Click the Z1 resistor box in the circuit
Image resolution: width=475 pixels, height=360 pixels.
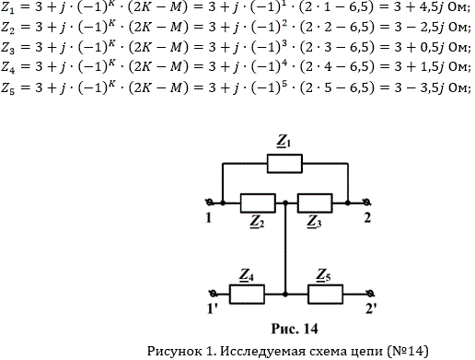coord(284,164)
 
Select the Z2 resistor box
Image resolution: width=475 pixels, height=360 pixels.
coord(258,203)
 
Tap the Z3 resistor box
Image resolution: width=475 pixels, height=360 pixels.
coord(315,203)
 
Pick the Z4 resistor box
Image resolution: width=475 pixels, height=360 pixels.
coord(247,295)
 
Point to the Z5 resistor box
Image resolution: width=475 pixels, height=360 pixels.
coord(325,295)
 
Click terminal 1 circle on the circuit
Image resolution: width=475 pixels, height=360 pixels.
coord(210,203)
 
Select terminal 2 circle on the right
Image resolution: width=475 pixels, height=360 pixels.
coord(366,203)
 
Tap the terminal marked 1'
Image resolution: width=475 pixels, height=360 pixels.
coord(213,294)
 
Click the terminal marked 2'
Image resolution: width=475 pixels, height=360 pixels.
coord(370,294)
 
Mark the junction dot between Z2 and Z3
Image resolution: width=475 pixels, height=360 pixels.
coord(285,203)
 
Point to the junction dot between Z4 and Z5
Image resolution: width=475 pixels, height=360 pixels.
coord(285,295)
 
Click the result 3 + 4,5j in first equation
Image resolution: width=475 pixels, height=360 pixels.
coord(420,7)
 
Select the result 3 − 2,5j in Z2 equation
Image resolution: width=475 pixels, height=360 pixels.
coord(420,27)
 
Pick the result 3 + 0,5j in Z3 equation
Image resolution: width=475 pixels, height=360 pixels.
coord(420,47)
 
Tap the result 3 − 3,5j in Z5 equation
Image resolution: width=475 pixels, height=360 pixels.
coord(420,87)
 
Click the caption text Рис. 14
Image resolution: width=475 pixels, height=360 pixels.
coord(295,329)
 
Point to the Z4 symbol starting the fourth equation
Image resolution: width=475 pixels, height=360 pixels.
coord(8,67)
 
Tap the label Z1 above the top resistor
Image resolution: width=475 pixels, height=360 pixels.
coord(284,142)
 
